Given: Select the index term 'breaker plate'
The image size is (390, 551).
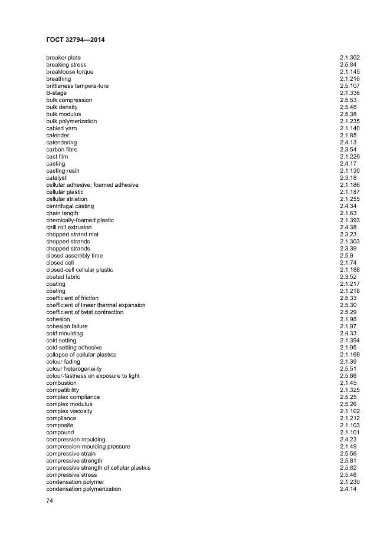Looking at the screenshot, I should pos(64,58).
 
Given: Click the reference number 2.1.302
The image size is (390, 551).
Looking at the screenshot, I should pos(350,58).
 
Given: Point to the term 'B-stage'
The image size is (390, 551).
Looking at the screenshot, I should pos(57,93).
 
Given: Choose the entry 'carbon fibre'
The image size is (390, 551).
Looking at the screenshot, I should pos(62,150).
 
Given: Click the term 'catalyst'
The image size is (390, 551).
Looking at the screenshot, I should pos(57,178).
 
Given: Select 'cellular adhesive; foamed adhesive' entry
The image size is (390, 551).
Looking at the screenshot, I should pos(93,185).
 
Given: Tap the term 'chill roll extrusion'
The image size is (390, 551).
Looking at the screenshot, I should pos(69,227).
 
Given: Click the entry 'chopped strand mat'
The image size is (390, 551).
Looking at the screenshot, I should pos(73,235).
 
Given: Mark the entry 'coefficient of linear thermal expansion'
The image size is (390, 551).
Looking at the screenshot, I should pos(96,305).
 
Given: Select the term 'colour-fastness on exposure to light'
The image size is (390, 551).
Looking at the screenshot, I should pos(93,376).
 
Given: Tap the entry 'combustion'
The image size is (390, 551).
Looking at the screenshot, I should pos(61,383).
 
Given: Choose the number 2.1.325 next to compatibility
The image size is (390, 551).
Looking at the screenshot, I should pos(350,390).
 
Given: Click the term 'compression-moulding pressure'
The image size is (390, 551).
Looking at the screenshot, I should pos(89,447).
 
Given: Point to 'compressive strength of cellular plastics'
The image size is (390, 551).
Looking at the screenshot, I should pos(99,468).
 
